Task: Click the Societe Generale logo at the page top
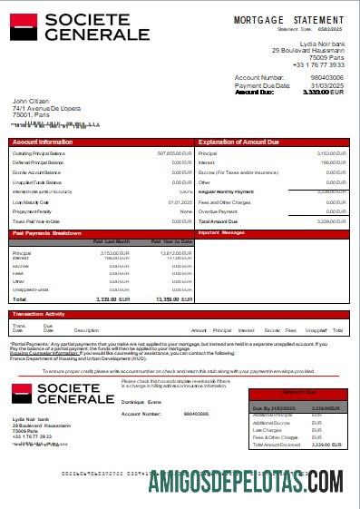[x=80, y=26]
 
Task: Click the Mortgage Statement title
[x=288, y=20]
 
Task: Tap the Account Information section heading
[x=43, y=142]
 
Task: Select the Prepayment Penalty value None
[x=186, y=211]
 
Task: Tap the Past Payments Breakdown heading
[x=47, y=233]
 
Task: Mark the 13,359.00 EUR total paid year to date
[x=173, y=299]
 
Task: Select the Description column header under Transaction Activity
[x=86, y=330]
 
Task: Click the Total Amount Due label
[x=218, y=221]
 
